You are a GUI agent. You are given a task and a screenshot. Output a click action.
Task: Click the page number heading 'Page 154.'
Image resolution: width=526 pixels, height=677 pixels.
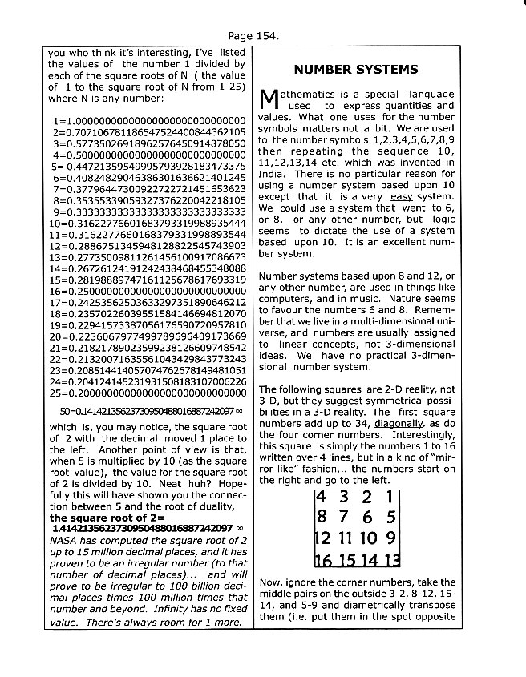click(x=253, y=36)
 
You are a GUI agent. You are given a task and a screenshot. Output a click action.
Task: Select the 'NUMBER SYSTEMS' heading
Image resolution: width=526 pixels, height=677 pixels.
click(x=355, y=69)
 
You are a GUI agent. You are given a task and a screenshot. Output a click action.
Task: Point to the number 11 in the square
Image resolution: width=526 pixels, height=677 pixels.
click(x=345, y=538)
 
